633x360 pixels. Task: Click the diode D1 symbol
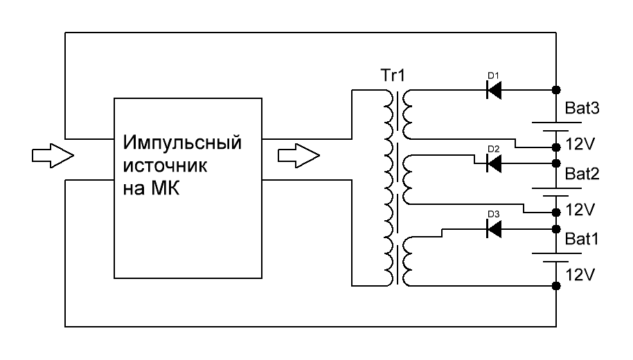(494, 89)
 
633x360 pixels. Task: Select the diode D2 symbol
(494, 163)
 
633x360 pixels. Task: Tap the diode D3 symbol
(494, 229)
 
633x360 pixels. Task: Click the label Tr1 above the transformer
(393, 75)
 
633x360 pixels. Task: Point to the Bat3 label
(582, 108)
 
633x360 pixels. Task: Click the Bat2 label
(582, 174)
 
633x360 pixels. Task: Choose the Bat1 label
(582, 239)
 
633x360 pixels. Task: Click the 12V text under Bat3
(580, 144)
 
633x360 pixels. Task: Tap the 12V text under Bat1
(580, 276)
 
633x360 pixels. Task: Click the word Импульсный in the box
(182, 143)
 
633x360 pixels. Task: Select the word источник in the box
(165, 165)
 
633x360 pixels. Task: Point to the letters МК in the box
(165, 188)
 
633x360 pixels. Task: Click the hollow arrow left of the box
(53, 155)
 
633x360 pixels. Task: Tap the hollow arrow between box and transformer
(298, 155)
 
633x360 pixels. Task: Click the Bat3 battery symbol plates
(556, 126)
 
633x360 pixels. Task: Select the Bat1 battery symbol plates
(556, 258)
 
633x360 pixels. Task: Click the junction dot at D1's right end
(556, 89)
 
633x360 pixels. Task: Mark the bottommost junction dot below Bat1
(556, 286)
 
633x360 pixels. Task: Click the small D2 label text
(494, 149)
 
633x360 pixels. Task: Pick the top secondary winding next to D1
(407, 114)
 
